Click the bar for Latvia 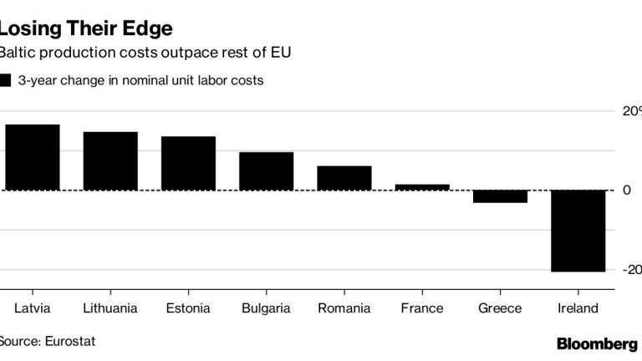[x=33, y=157]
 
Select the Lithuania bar [x=110, y=160]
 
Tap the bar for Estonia [x=188, y=163]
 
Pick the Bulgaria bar [x=266, y=170]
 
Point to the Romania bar [x=344, y=178]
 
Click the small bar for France [x=422, y=187]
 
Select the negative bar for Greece [x=500, y=196]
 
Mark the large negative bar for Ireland [x=578, y=231]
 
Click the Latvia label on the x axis [x=33, y=308]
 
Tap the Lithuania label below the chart [x=110, y=308]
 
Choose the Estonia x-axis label [x=188, y=308]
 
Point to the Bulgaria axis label [x=266, y=308]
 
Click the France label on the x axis [x=422, y=308]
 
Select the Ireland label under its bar [x=578, y=308]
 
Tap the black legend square [x=5, y=81]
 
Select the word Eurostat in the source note [x=60, y=342]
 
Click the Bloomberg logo [x=597, y=343]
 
